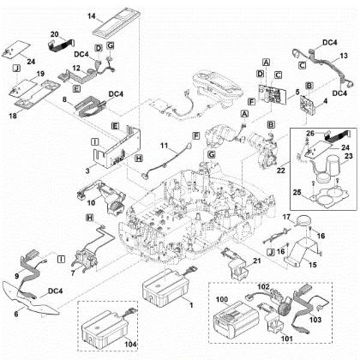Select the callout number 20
53,33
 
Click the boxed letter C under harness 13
301,63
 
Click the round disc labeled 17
303,219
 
